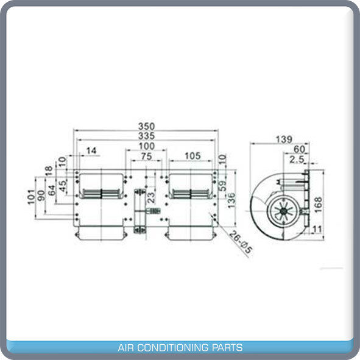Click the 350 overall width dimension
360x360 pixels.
point(146,126)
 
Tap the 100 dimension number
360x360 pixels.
point(146,147)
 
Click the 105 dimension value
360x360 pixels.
point(192,157)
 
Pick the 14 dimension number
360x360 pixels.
point(91,150)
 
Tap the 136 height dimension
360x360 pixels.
point(232,199)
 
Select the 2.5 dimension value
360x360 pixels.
point(297,160)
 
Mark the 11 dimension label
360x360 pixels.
point(317,229)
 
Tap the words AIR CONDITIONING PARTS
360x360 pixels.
point(180,348)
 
